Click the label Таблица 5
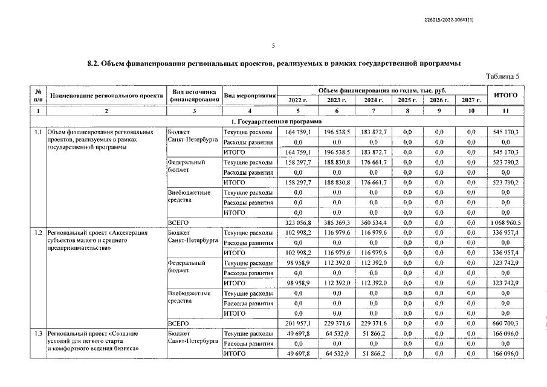click(x=502, y=76)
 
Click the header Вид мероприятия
click(x=250, y=96)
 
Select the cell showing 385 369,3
click(x=335, y=222)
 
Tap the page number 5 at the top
click(x=273, y=46)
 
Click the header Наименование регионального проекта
click(x=107, y=96)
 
